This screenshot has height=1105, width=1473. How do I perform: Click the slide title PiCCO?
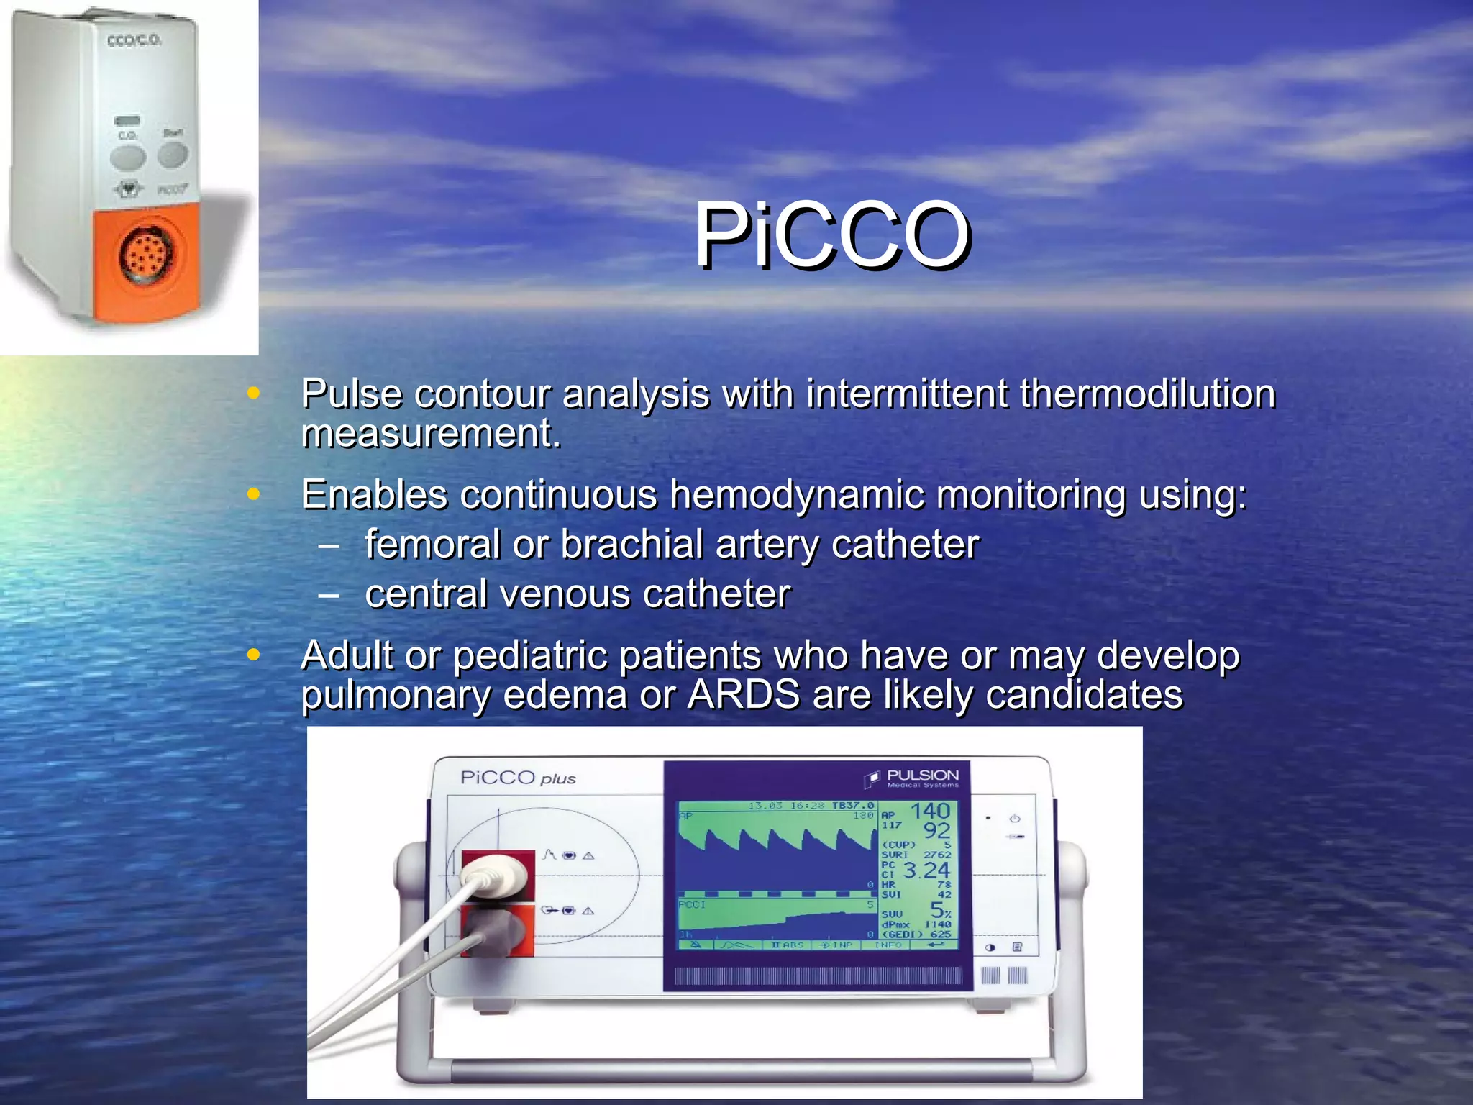831,235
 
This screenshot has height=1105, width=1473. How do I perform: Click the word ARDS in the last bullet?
743,695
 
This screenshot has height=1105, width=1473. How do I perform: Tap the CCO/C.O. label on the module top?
134,40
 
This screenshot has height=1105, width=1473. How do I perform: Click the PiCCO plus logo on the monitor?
518,778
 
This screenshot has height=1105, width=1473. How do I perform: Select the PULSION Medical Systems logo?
913,778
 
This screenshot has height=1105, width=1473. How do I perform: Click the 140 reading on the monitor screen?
930,811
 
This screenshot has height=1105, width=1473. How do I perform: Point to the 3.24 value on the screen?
926,870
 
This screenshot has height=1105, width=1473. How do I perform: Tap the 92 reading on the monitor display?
936,831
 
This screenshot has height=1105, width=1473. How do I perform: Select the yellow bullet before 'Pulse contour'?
252,394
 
